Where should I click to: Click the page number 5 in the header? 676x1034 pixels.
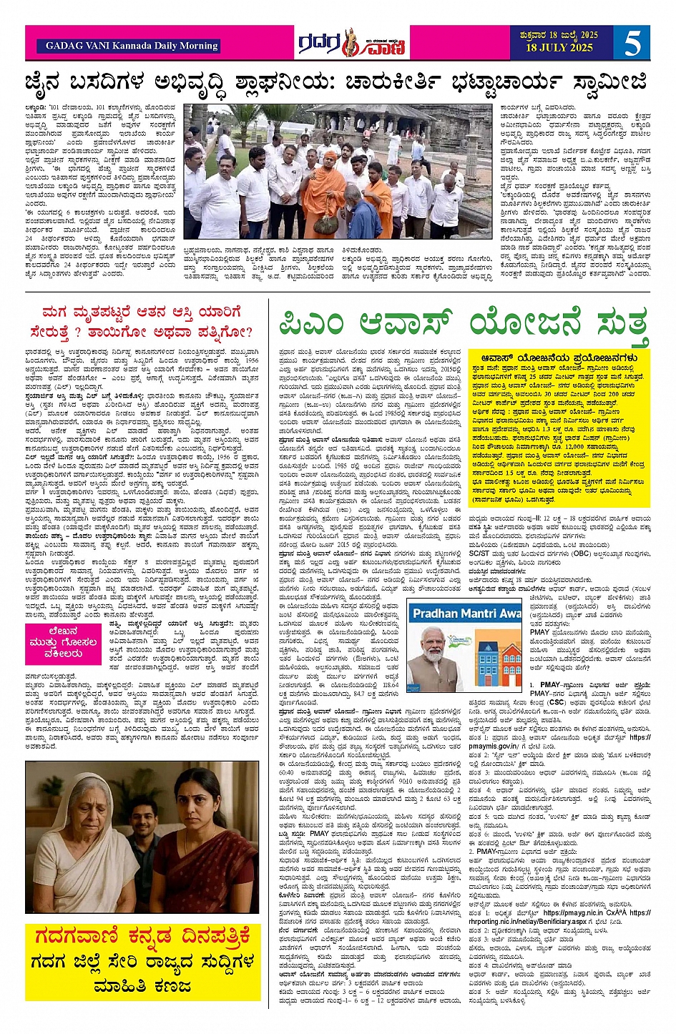coord(632,43)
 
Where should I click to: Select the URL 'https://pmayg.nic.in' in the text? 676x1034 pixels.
coord(573,912)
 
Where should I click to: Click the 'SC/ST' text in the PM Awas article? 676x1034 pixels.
coord(479,553)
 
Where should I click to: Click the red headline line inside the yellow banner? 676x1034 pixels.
coord(142,935)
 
